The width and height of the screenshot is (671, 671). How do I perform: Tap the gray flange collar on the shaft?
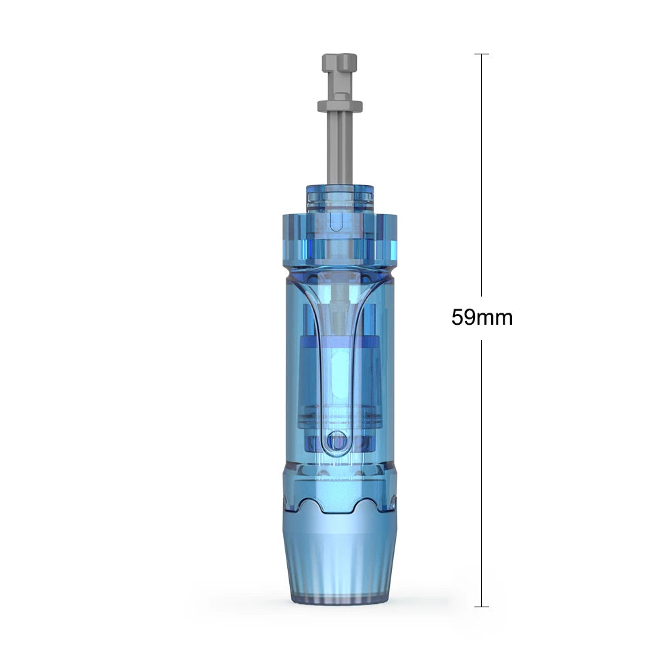pyautogui.click(x=340, y=105)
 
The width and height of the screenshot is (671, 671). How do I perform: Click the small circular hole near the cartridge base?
pyautogui.click(x=340, y=441)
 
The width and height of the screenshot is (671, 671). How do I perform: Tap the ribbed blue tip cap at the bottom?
pyautogui.click(x=340, y=557)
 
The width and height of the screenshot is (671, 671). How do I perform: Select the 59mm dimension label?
pyautogui.click(x=482, y=317)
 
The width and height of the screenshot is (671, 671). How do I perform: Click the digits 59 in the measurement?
pyautogui.click(x=463, y=317)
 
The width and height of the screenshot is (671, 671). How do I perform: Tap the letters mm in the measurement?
pyautogui.click(x=495, y=317)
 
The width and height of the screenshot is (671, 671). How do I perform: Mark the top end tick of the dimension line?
pyautogui.click(x=482, y=54)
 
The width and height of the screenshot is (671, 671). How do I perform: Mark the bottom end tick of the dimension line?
pyautogui.click(x=482, y=607)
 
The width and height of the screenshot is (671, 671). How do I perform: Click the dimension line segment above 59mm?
pyautogui.click(x=482, y=174)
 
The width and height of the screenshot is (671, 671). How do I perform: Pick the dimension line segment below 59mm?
pyautogui.click(x=482, y=470)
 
